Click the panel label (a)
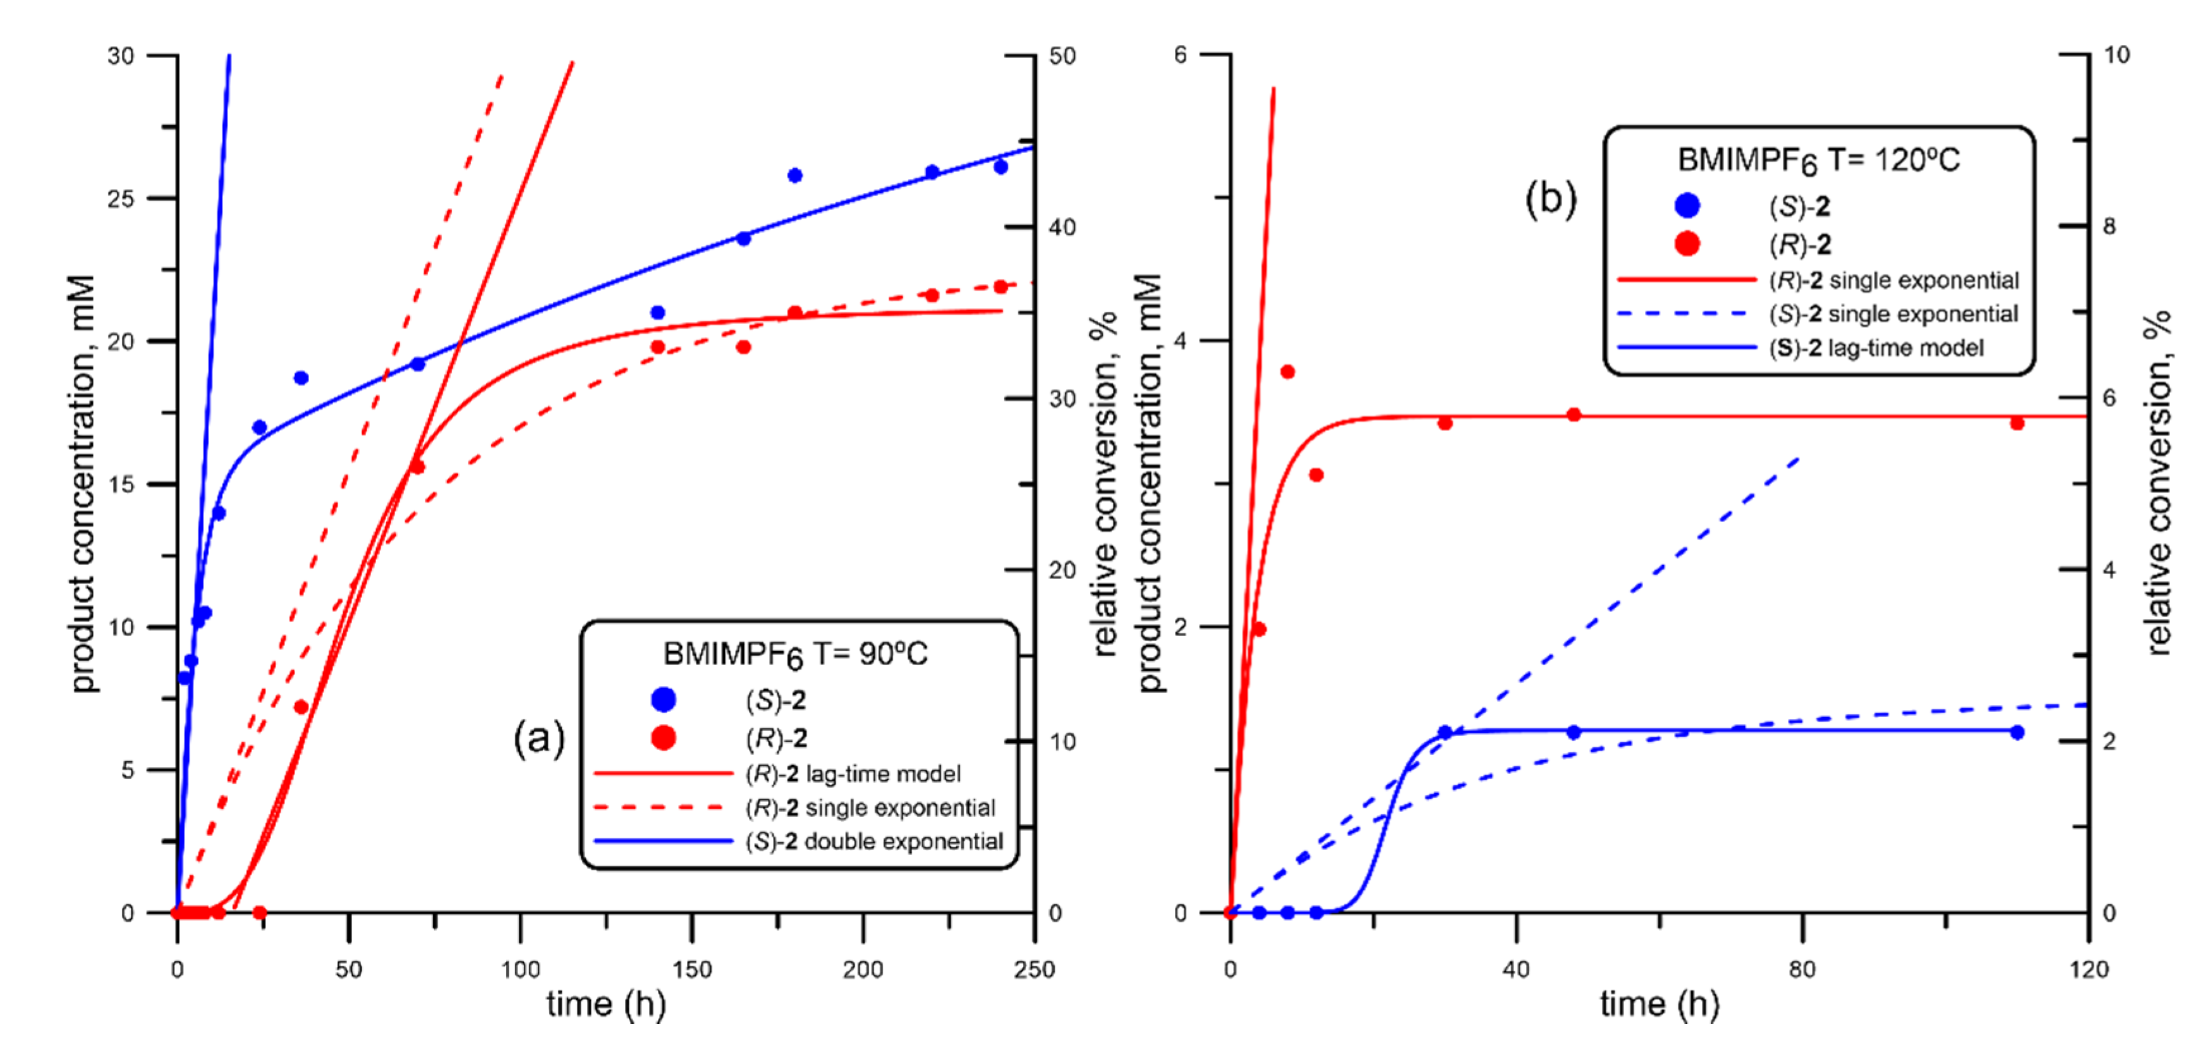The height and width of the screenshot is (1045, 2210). point(539,737)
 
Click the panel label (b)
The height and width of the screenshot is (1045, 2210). point(1550,199)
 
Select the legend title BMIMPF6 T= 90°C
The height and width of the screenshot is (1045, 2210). point(795,655)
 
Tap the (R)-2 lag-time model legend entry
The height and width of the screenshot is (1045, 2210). point(854,774)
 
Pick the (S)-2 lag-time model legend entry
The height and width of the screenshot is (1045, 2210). point(1876,348)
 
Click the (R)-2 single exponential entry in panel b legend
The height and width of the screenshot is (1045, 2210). point(1893,281)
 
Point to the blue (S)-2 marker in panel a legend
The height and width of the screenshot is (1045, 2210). point(663,700)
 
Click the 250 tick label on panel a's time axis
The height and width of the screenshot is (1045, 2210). point(1034,970)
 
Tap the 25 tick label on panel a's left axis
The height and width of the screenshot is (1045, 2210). point(121,199)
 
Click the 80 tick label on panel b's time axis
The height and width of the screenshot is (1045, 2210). point(1802,970)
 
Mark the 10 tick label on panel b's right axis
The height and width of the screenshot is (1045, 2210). point(2116,55)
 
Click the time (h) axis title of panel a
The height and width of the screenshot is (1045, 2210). point(605,1004)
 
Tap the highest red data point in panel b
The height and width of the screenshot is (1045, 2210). point(1287,372)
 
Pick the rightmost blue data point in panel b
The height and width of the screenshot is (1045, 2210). point(2017,732)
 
